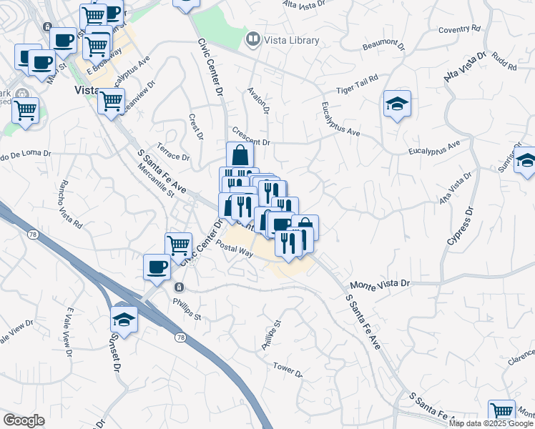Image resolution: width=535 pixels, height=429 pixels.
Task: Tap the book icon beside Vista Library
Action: (252, 39)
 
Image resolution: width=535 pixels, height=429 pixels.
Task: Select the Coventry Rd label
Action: (459, 29)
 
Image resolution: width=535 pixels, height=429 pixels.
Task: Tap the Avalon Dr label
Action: (257, 101)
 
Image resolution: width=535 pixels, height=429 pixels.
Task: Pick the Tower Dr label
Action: (288, 369)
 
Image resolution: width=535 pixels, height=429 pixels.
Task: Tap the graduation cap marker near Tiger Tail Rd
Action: (396, 104)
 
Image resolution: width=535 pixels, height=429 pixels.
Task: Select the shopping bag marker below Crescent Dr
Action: (240, 155)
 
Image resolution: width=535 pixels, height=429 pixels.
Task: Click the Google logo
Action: (24, 420)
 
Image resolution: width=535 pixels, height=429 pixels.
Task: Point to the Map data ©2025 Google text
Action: (491, 423)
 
